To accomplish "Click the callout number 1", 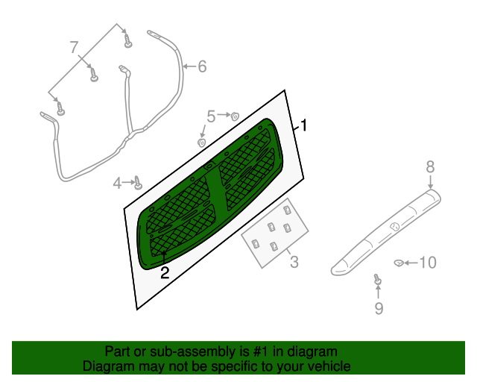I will (303, 125).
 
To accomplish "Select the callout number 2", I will (165, 273).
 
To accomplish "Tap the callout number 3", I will (294, 262).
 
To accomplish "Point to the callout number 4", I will (118, 183).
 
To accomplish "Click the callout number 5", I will (211, 116).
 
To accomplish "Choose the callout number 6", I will (201, 67).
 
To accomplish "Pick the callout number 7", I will (74, 48).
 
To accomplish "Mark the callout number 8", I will (430, 166).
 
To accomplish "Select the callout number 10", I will (427, 263).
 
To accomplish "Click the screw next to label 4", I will (138, 181).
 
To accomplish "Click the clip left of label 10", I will (399, 263).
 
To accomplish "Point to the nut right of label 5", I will (234, 116).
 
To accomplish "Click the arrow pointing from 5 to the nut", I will (223, 116).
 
